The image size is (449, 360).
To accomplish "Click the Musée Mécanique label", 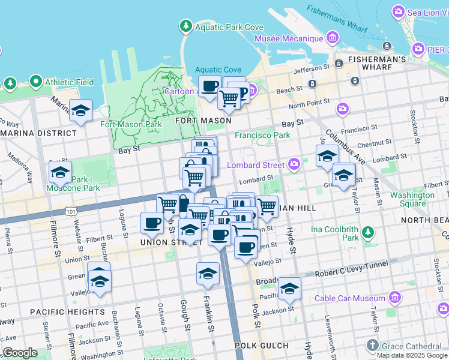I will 289,39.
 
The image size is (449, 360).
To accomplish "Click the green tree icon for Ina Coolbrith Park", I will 368,232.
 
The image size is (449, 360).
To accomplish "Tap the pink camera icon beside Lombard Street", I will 294,163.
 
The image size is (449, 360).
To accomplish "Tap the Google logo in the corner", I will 20,353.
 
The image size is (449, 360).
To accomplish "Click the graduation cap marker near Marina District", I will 80,111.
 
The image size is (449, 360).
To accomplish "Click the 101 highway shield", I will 72,211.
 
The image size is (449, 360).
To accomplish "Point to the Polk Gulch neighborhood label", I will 261,346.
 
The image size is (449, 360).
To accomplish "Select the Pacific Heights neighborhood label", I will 67,312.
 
